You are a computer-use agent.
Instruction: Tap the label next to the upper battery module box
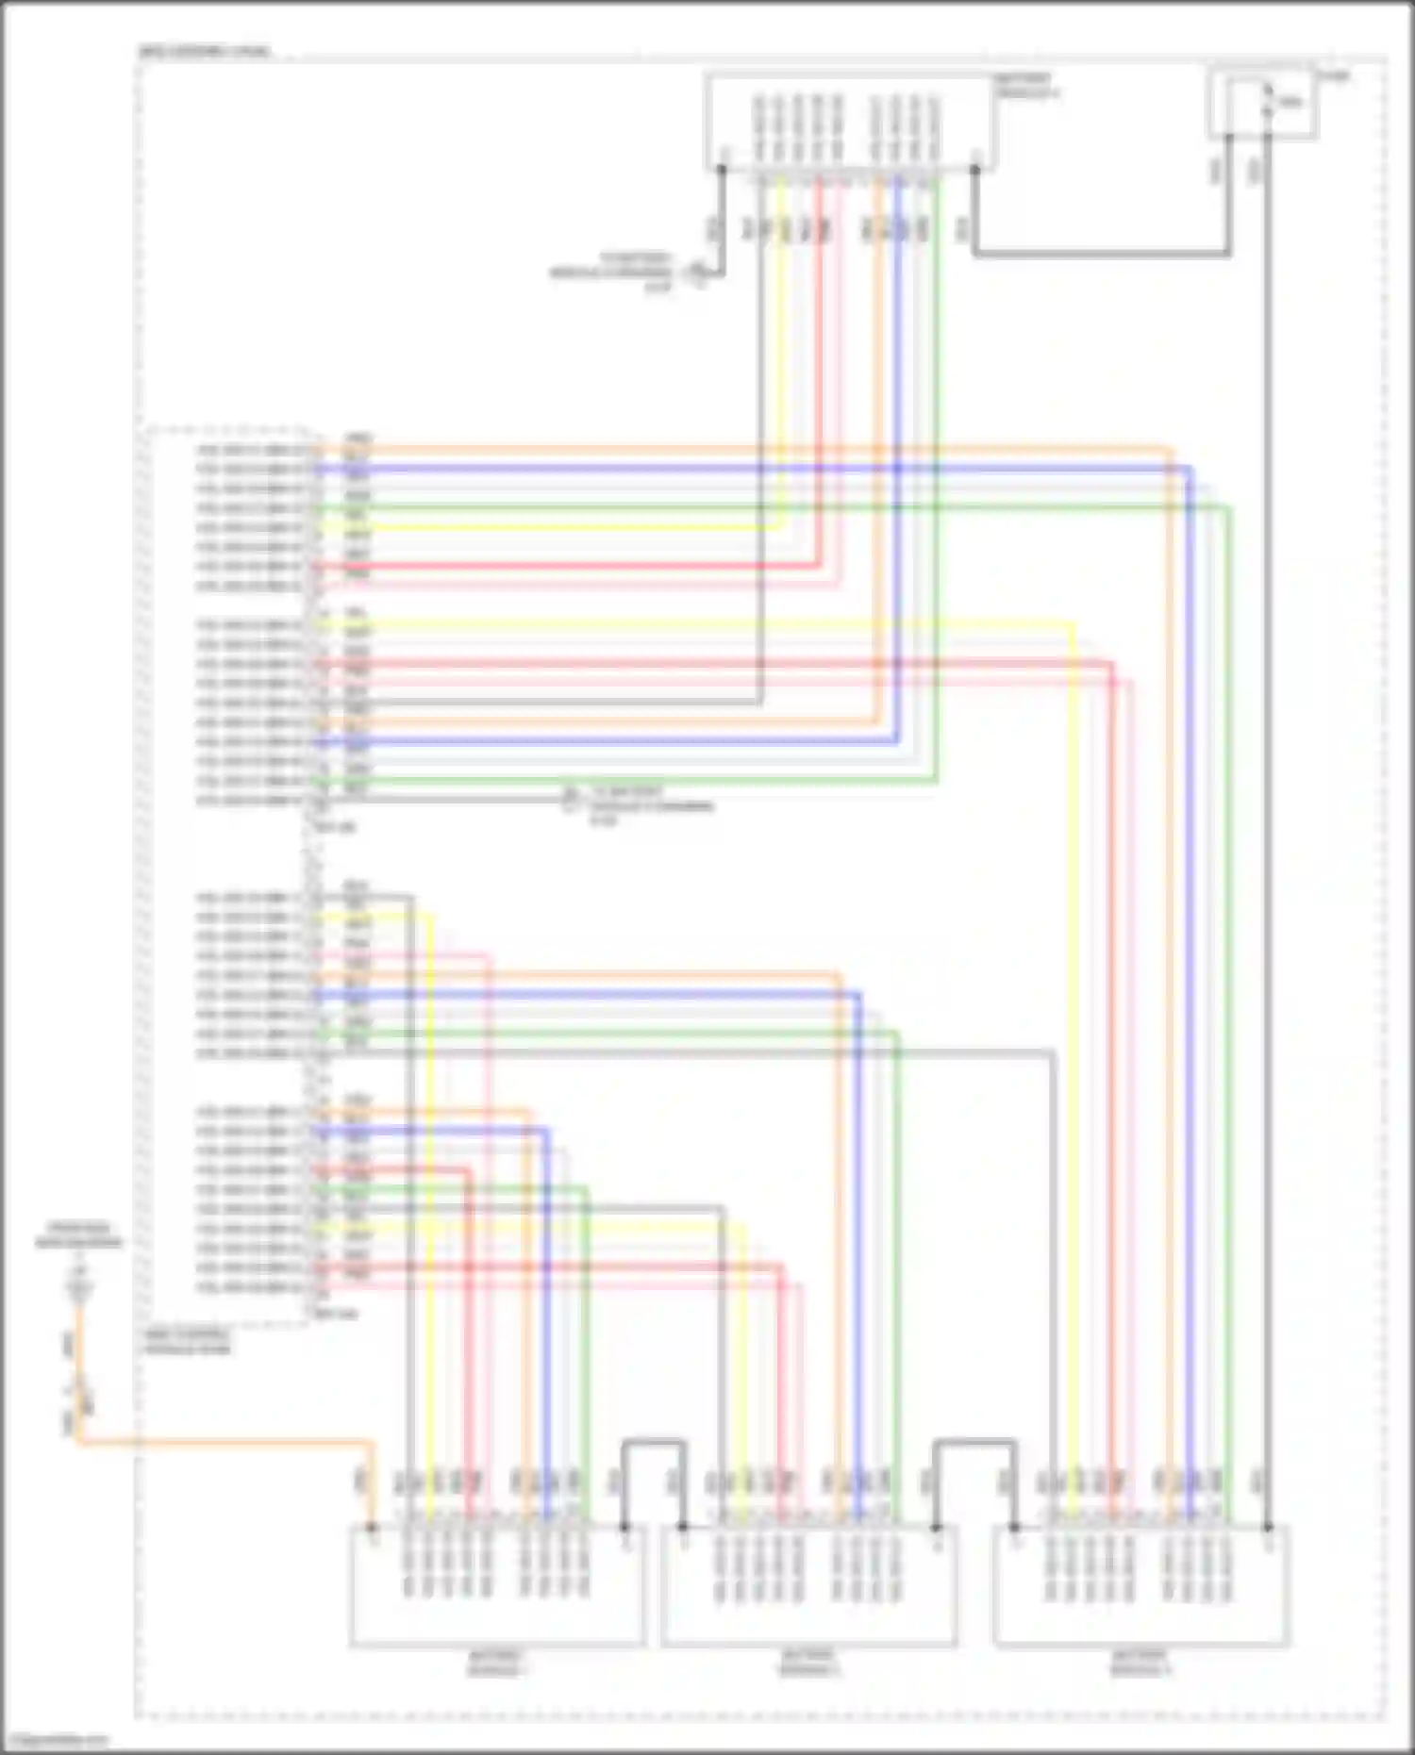coord(1027,87)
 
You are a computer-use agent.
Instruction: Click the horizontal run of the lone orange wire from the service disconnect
coord(226,1441)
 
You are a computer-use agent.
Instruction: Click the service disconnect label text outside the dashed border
coord(79,1235)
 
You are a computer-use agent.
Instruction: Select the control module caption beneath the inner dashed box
coord(187,1341)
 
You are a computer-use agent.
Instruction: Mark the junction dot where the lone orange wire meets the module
coord(373,1527)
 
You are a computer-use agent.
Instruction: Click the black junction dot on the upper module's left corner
coord(722,170)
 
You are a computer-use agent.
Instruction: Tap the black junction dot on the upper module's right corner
coord(975,170)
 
